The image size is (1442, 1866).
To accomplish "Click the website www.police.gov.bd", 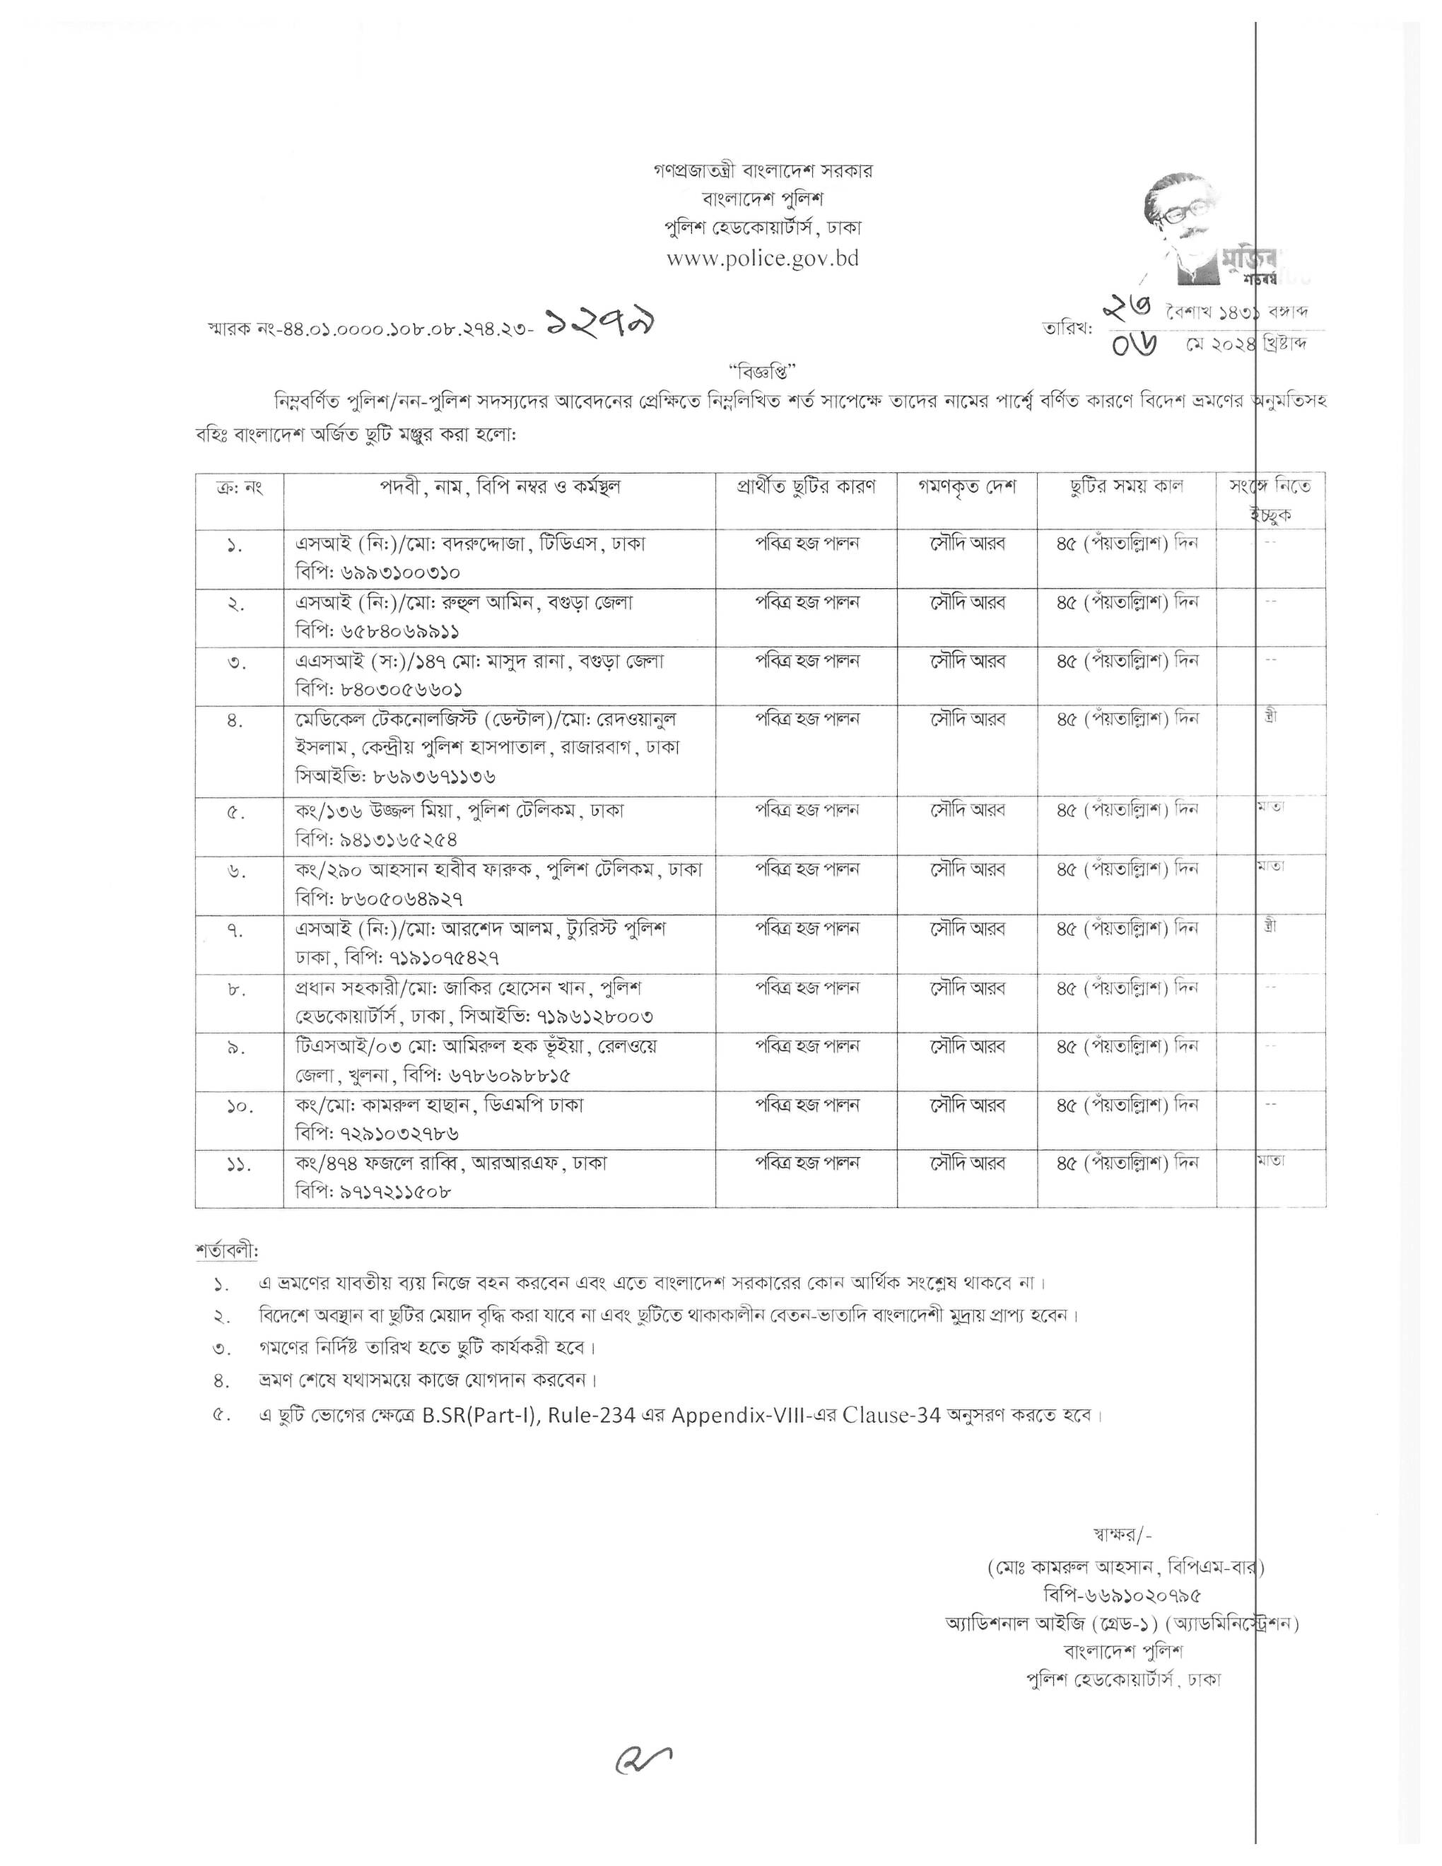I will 762,258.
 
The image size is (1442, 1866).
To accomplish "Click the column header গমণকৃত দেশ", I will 967,488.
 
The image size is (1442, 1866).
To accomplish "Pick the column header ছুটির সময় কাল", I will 1127,488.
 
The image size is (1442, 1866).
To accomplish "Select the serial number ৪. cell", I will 237,721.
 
